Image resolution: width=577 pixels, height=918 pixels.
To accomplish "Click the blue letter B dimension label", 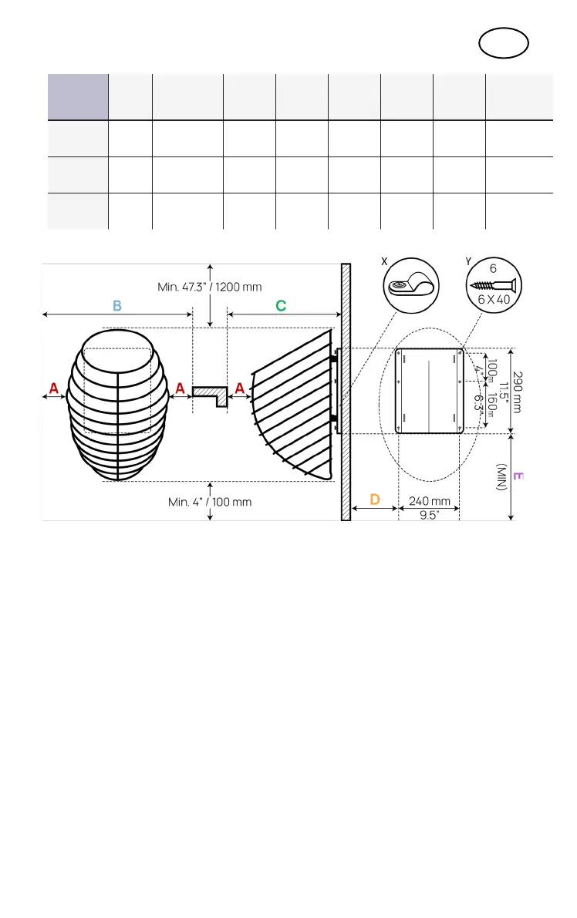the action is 117,305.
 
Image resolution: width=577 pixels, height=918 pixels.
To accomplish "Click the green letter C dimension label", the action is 281,305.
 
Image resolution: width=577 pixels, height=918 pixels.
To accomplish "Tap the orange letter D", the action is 374,499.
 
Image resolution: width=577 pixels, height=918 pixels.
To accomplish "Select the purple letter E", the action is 517,478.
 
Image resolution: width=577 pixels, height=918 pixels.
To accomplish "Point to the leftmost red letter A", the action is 53,390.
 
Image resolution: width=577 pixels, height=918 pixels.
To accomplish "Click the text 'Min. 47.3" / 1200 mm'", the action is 209,287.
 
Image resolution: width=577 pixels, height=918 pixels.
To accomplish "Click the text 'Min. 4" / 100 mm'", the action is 210,501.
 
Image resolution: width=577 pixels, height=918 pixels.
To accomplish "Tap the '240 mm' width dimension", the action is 430,501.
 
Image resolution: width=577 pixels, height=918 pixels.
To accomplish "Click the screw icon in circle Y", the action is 491,286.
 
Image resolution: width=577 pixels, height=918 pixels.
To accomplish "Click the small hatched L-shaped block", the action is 210,395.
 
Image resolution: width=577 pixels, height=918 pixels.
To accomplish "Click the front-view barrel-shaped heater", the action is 116,405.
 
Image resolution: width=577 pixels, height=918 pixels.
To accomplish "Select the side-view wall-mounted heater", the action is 293,405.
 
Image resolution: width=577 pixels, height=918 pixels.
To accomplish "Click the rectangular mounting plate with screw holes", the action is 430,392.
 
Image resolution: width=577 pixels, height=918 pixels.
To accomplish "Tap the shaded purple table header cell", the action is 77,96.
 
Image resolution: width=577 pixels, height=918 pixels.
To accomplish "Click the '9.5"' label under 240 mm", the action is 429,516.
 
